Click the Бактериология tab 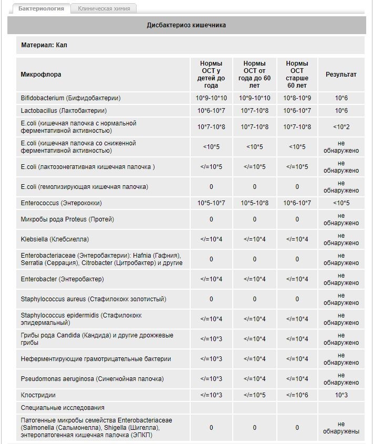coord(41,8)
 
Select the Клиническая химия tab coord(104,8)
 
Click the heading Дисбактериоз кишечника coord(186,25)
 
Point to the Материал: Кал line coord(44,45)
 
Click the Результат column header coord(341,75)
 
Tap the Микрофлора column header coord(41,75)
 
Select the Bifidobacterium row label coord(71,98)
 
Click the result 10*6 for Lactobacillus coord(341,111)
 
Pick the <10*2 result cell coord(341,126)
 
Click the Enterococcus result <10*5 coord(341,203)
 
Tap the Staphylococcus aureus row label coord(94,299)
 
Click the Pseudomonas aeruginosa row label coord(92,379)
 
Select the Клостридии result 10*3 coord(341,395)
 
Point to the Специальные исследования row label coord(63,408)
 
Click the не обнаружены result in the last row coord(341,428)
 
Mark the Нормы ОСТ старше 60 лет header coord(297,75)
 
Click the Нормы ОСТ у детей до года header coord(211,75)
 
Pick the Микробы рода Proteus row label coord(67,219)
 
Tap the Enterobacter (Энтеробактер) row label coord(63,279)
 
